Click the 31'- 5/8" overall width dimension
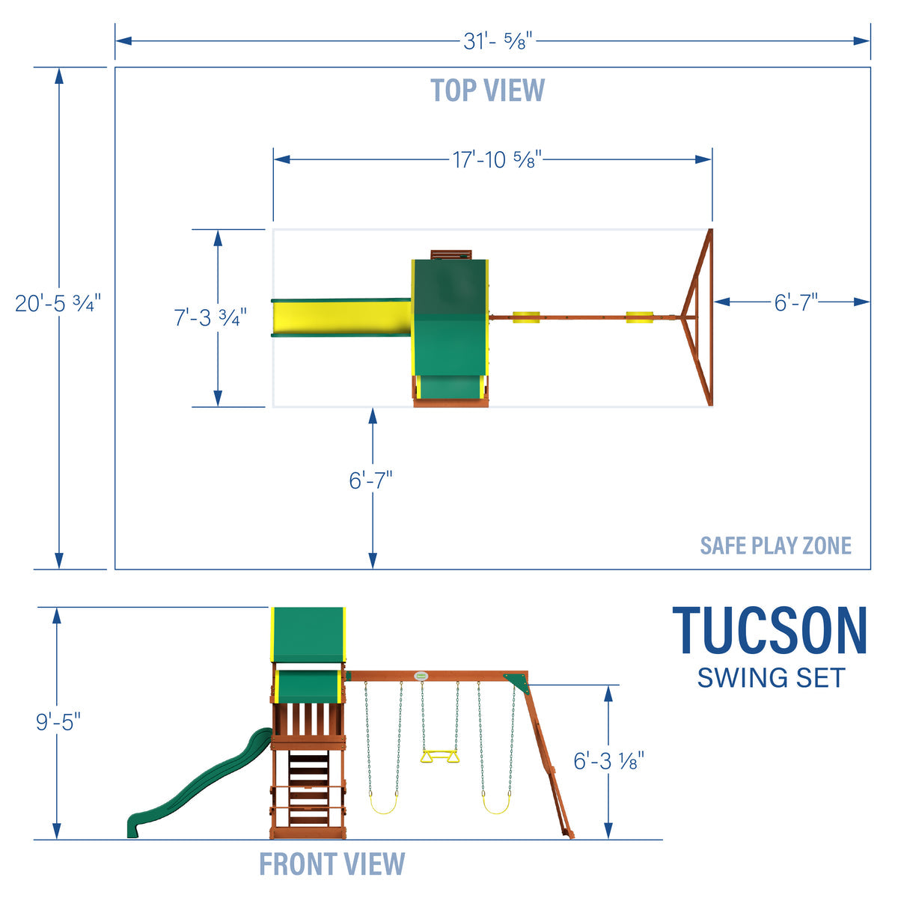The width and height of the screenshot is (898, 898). tap(497, 41)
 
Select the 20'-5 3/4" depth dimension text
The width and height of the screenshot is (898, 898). tap(58, 304)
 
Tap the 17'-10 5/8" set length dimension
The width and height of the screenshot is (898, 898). tap(497, 159)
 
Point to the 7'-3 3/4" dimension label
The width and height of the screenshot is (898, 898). tap(210, 317)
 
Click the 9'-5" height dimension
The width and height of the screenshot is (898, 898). tap(58, 723)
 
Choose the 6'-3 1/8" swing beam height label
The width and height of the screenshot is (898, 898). tap(608, 761)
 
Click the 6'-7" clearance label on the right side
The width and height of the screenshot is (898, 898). tap(795, 302)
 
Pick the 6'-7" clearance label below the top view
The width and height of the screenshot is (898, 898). tap(370, 480)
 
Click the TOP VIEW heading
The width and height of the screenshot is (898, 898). tap(488, 91)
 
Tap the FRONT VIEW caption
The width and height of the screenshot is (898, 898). tap(332, 864)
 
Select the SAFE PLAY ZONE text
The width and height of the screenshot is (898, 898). tap(775, 546)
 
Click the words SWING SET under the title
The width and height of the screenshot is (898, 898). tap(770, 678)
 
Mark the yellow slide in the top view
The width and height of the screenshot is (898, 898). tap(341, 317)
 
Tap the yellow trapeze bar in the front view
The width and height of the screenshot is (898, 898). tap(439, 757)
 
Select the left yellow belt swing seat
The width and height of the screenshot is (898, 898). tap(383, 804)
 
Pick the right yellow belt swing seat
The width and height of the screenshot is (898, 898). tap(497, 804)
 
